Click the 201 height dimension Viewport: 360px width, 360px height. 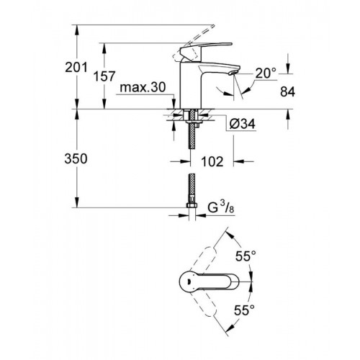[x=76, y=67]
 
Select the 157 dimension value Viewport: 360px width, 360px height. [x=104, y=76]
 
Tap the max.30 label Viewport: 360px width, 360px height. [x=143, y=87]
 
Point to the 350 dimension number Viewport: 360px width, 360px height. [x=76, y=158]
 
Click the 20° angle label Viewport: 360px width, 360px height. [x=266, y=73]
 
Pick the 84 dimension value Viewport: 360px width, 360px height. [x=287, y=91]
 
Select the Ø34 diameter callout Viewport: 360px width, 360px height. [x=243, y=124]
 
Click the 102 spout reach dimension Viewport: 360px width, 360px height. [x=212, y=161]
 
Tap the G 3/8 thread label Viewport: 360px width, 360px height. [x=221, y=207]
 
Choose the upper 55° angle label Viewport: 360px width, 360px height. [x=246, y=256]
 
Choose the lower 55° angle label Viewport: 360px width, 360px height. [x=244, y=310]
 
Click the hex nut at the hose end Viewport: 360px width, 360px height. [x=192, y=205]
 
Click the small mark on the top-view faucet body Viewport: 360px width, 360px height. [x=188, y=281]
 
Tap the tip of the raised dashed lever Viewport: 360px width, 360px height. [x=212, y=26]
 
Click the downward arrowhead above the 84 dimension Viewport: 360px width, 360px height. [x=288, y=69]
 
